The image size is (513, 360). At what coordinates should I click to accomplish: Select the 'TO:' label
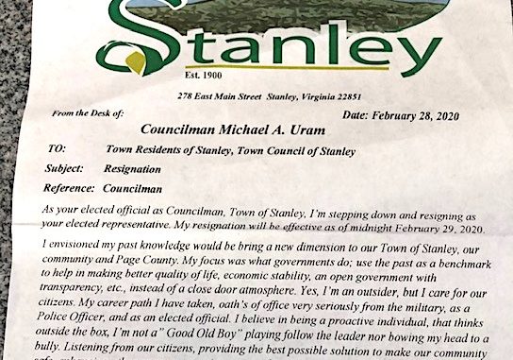57,149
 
